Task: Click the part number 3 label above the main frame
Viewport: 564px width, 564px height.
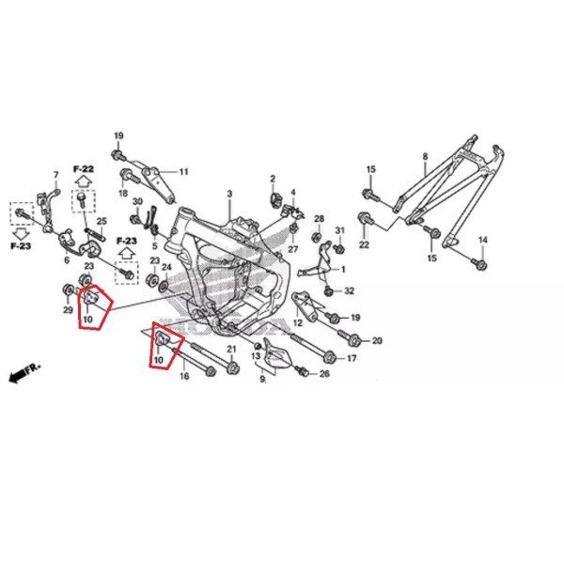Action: pyautogui.click(x=229, y=194)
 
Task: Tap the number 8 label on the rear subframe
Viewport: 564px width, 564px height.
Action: pyautogui.click(x=425, y=156)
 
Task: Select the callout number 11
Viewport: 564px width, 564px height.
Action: pyautogui.click(x=184, y=172)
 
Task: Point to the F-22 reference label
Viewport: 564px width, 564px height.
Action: pyautogui.click(x=84, y=168)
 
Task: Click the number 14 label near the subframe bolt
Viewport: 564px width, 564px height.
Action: pyautogui.click(x=483, y=240)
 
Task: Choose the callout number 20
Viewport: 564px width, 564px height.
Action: pyautogui.click(x=377, y=340)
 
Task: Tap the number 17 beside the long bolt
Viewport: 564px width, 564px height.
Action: pyautogui.click(x=352, y=358)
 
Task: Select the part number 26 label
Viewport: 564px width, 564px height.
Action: pyautogui.click(x=324, y=374)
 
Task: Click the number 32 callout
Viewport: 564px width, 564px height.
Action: pyautogui.click(x=350, y=290)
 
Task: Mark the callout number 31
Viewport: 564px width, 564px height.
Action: pyautogui.click(x=340, y=230)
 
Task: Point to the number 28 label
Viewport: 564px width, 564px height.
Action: pyautogui.click(x=319, y=219)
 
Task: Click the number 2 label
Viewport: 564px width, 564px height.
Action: pyautogui.click(x=273, y=179)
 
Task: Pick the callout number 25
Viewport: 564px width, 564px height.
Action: pyautogui.click(x=102, y=221)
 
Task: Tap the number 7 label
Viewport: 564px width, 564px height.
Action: pyautogui.click(x=55, y=175)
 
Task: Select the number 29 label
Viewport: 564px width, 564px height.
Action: pyautogui.click(x=68, y=309)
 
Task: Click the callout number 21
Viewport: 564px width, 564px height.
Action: pyautogui.click(x=231, y=349)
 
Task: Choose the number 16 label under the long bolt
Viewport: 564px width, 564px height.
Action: pyautogui.click(x=184, y=376)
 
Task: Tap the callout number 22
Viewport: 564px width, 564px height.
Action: pyautogui.click(x=364, y=244)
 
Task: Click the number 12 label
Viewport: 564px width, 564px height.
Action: pyautogui.click(x=298, y=322)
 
